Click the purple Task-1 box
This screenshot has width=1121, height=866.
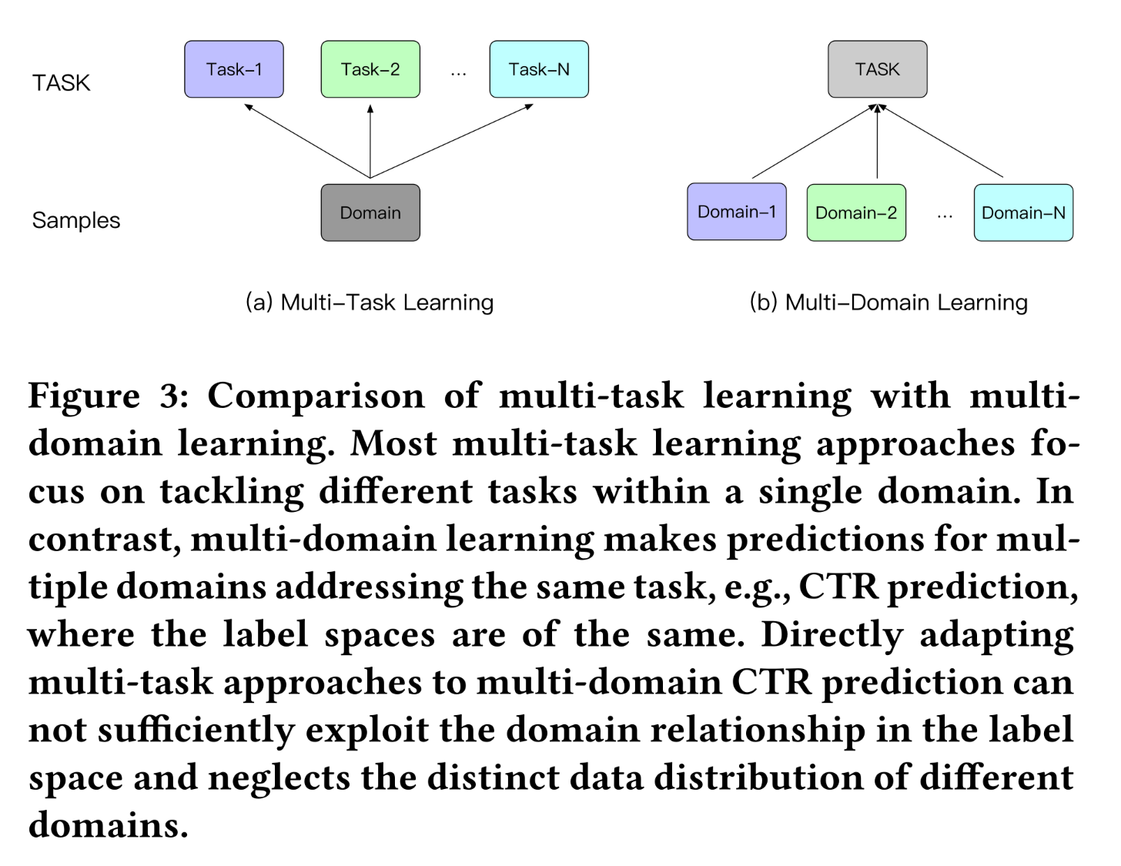[x=234, y=69]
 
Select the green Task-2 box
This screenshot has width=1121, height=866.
[x=370, y=69]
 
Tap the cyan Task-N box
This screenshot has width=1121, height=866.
[x=539, y=69]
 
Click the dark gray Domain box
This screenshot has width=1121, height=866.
[x=370, y=212]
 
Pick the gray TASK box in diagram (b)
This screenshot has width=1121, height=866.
[x=878, y=69]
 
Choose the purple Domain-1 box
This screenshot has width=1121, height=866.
[x=737, y=212]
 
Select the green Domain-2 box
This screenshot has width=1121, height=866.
[x=856, y=212]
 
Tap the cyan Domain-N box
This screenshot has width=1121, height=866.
[x=1023, y=212]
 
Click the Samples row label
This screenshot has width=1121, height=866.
[x=75, y=221]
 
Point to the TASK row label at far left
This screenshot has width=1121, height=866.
[x=62, y=83]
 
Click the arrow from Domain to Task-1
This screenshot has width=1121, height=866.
[x=307, y=141]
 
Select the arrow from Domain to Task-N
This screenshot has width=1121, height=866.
[x=452, y=141]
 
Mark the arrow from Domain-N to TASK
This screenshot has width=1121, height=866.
[x=940, y=141]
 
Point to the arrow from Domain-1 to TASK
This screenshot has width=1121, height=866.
[x=815, y=141]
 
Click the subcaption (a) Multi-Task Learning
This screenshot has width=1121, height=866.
[x=370, y=303]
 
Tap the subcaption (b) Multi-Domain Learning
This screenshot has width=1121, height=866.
[x=888, y=303]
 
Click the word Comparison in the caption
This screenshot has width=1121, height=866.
[x=316, y=397]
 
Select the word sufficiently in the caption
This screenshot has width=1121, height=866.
[x=196, y=731]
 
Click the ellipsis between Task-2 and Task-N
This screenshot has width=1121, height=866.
[x=458, y=74]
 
